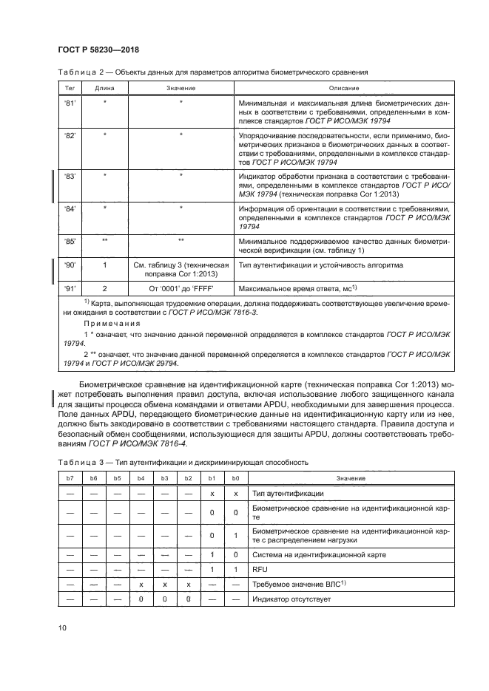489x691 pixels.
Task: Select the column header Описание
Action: [343, 86]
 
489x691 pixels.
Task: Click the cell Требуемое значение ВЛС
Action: [298, 584]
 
